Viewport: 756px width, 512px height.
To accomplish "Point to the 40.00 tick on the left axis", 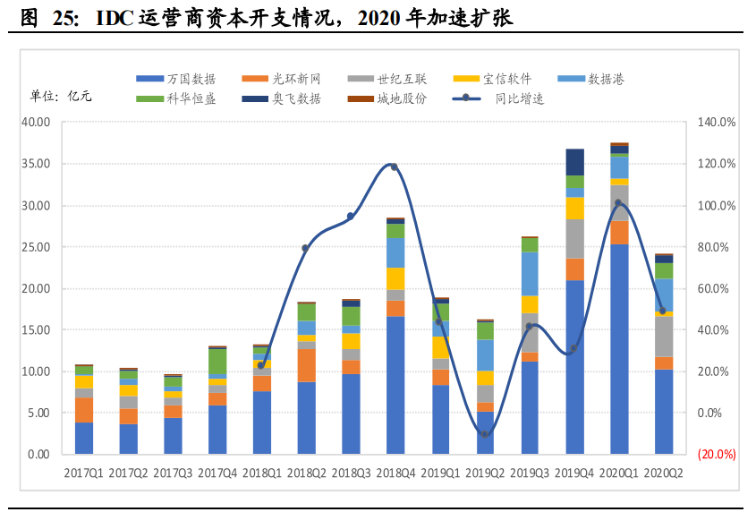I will tap(37, 123).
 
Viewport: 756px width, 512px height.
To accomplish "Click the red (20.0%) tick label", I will tap(717, 455).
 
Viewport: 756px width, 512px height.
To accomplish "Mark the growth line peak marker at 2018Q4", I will tap(395, 167).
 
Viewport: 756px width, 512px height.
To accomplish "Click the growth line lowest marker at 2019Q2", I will tap(485, 434).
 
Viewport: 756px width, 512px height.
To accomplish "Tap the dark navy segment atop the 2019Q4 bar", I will tap(574, 162).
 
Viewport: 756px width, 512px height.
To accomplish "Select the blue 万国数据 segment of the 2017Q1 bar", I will tap(84, 438).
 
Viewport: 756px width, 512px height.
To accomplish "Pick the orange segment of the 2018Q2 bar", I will tap(307, 365).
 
